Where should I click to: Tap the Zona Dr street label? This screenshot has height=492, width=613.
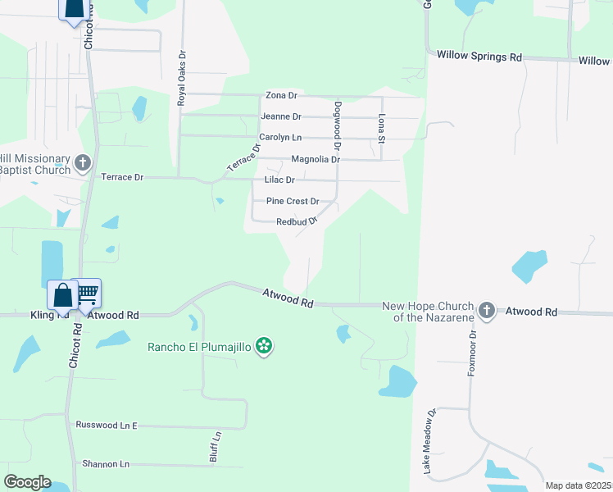(281, 96)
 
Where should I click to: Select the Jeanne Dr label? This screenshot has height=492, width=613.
(281, 116)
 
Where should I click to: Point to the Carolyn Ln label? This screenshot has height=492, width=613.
(281, 137)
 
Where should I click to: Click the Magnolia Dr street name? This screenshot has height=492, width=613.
(316, 159)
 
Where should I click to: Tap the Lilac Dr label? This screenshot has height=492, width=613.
(279, 180)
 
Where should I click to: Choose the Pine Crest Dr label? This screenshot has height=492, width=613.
(293, 201)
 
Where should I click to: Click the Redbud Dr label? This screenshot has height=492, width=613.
(296, 221)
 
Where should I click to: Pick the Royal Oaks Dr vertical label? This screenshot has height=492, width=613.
(182, 79)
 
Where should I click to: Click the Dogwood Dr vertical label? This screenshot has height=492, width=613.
(337, 125)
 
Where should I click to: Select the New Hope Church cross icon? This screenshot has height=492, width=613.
(487, 311)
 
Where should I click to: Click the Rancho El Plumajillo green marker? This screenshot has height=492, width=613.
(264, 346)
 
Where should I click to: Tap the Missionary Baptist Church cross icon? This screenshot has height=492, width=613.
(83, 163)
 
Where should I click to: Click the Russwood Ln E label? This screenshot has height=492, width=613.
(107, 425)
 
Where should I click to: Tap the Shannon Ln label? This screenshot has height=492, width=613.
(106, 464)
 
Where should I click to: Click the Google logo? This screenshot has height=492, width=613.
(27, 481)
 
